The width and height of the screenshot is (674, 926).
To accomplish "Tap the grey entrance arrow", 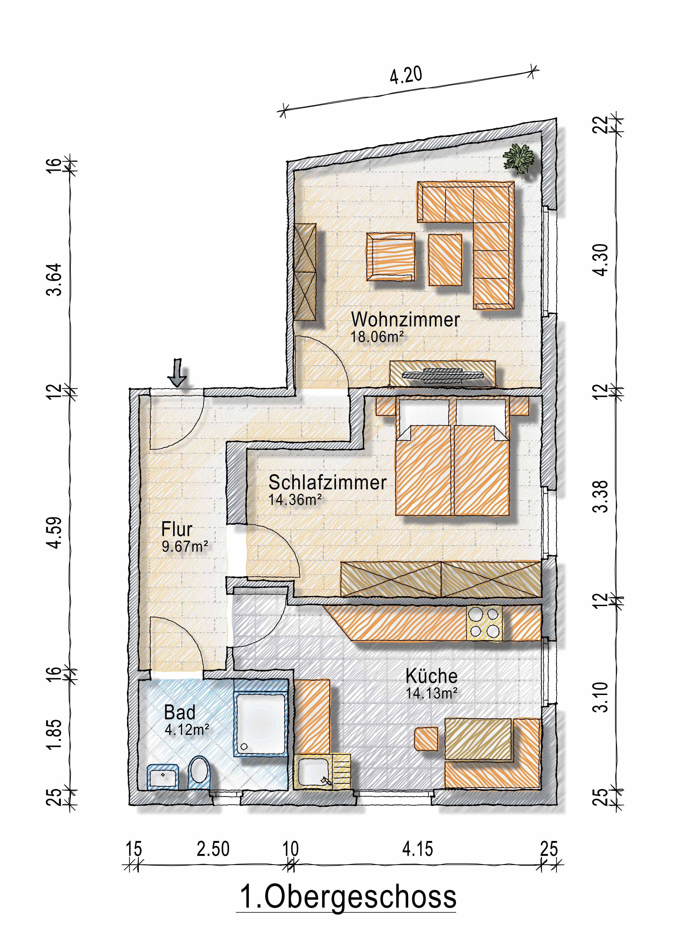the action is click(x=177, y=372).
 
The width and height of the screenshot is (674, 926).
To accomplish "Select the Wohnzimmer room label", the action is click(x=406, y=319).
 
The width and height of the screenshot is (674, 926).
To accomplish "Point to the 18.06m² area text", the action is click(x=377, y=337).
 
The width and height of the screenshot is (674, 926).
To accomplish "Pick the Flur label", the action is click(x=177, y=529).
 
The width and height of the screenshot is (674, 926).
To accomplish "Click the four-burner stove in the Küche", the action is click(x=485, y=623).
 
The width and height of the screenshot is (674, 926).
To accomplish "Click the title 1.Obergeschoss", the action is click(x=348, y=897).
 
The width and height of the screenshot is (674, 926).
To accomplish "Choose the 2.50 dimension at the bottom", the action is click(x=213, y=849).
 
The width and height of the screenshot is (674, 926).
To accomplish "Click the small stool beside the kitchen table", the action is click(x=426, y=738).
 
